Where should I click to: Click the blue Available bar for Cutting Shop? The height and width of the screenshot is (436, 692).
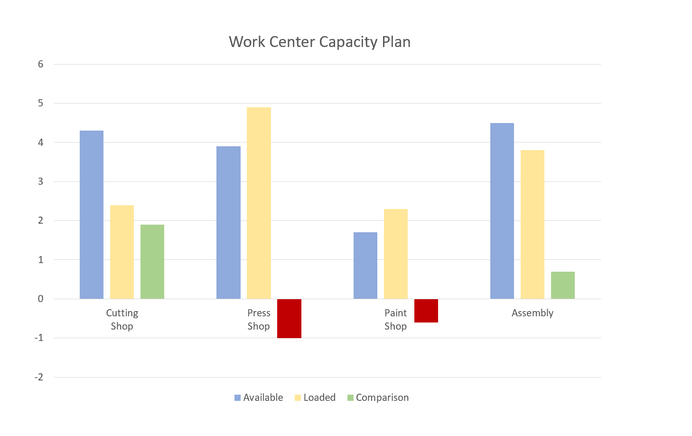coord(92,215)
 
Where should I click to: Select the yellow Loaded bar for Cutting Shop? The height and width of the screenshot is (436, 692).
coord(122,252)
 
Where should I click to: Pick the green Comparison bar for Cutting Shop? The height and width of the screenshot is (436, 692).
coord(152,262)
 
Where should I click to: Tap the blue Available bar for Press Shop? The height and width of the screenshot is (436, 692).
coord(228,222)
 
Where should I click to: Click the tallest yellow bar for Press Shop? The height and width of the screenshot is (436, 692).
coord(259,203)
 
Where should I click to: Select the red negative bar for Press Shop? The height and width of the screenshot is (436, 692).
coord(289,319)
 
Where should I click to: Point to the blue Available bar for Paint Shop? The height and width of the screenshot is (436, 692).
coord(365,265)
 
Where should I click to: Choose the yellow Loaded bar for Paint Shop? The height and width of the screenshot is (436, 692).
coord(396,254)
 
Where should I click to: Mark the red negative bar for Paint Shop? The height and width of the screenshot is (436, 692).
coord(426,311)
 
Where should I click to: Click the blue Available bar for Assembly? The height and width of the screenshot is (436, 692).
coord(502,211)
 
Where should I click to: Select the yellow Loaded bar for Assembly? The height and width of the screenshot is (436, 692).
coord(533,224)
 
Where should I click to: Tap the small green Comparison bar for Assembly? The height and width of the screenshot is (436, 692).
coord(563,285)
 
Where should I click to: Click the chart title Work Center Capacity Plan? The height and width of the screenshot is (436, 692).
coord(319,42)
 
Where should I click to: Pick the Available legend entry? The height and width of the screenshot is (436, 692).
coord(259,398)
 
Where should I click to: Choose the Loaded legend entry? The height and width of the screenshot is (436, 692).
coord(315,398)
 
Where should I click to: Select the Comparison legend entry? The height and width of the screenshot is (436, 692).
coord(378,398)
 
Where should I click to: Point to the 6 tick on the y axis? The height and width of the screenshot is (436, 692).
coord(41,64)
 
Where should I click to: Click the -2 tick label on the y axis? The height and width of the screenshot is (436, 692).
coord(39,377)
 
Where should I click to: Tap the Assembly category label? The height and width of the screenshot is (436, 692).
coord(533,313)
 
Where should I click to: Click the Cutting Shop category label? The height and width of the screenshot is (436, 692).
coord(122,319)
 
